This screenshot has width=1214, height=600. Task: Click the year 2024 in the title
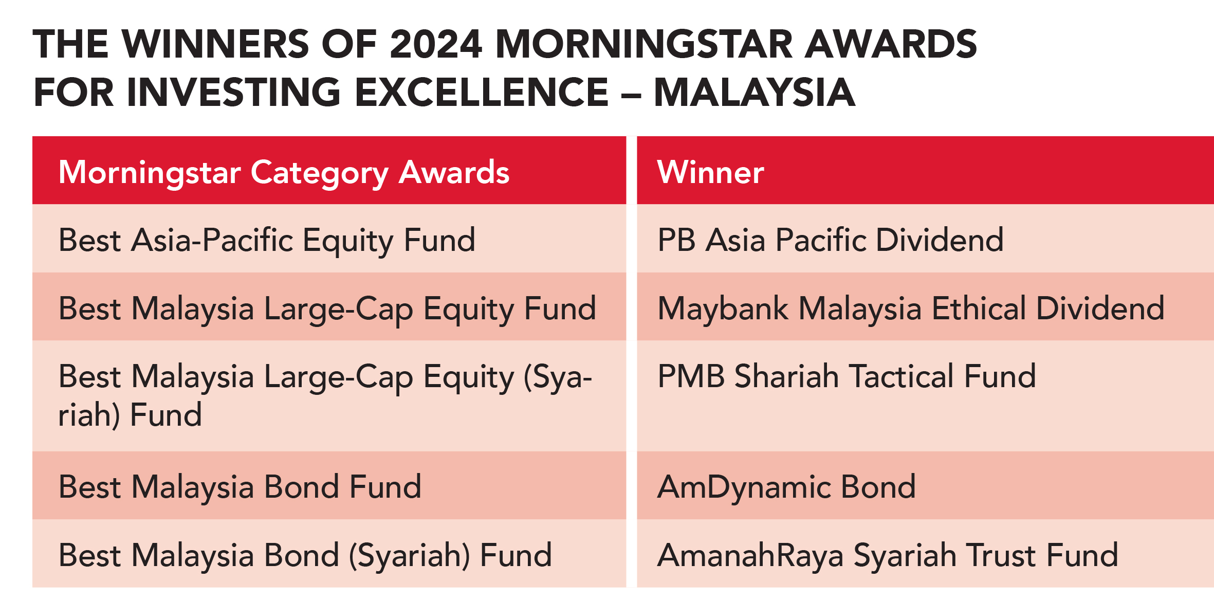coord(436,44)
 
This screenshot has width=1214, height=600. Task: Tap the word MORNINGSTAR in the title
coord(644,44)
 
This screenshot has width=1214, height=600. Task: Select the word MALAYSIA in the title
coord(755,92)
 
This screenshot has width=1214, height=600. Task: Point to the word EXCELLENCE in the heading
coord(481,92)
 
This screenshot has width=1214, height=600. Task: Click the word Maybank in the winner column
coord(723,308)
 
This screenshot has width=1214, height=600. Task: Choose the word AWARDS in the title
coord(891,44)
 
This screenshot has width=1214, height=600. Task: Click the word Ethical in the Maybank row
coord(979,308)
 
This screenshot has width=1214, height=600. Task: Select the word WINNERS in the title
coord(215,44)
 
